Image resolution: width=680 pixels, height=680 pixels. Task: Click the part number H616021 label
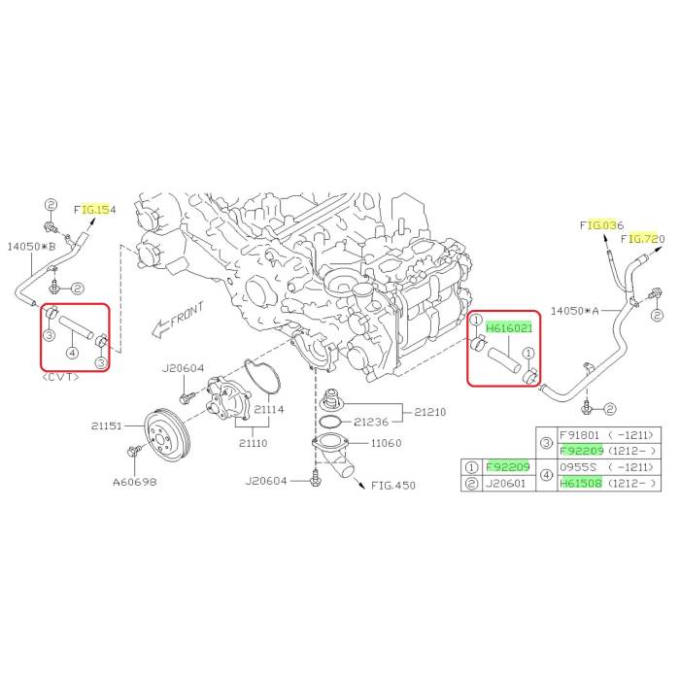[509, 328]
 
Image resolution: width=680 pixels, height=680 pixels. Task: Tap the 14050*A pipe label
[575, 311]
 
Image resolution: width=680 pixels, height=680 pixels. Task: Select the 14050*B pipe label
[32, 247]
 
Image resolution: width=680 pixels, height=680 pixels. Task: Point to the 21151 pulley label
[106, 425]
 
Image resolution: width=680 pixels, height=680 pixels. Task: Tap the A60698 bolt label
[134, 482]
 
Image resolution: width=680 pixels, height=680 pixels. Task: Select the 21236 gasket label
[371, 422]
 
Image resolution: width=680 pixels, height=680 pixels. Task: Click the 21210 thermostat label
[429, 412]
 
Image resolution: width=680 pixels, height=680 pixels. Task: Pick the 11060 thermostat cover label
[386, 443]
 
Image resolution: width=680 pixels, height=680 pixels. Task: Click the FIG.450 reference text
[393, 486]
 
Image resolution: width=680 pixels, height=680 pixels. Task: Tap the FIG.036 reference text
[601, 225]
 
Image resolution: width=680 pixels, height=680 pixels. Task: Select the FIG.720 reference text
[642, 239]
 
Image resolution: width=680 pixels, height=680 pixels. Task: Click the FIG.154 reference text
[95, 210]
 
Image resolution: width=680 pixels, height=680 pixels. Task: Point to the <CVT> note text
[61, 377]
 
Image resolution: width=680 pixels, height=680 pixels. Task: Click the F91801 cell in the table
[579, 435]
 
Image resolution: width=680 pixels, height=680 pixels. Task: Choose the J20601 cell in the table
[505, 483]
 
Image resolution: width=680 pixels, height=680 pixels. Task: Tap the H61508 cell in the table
[581, 483]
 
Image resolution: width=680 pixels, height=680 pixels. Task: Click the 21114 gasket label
[269, 409]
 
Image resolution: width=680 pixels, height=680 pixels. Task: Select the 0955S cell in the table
[578, 467]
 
